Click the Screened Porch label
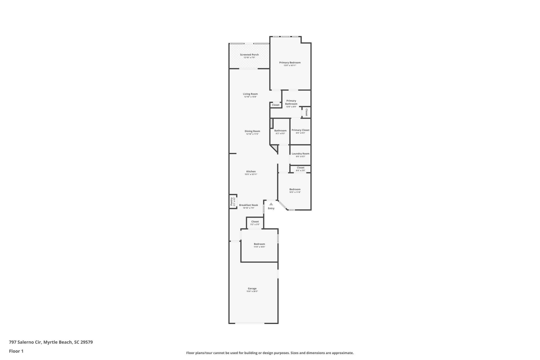[249, 55]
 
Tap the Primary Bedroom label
[290, 63]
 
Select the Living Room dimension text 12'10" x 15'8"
[250, 97]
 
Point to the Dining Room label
[252, 131]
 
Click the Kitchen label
[251, 172]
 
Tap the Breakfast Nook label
[248, 205]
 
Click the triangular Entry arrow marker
[271, 204]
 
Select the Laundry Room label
[300, 154]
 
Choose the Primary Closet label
[300, 130]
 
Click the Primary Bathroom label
[291, 102]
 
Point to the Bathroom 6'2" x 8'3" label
[280, 131]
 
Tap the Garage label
[252, 289]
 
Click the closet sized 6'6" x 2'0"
[300, 169]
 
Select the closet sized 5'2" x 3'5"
[255, 223]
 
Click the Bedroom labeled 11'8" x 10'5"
[259, 245]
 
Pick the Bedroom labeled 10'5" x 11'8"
[295, 191]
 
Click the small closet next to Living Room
[276, 105]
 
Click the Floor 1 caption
[16, 351]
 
